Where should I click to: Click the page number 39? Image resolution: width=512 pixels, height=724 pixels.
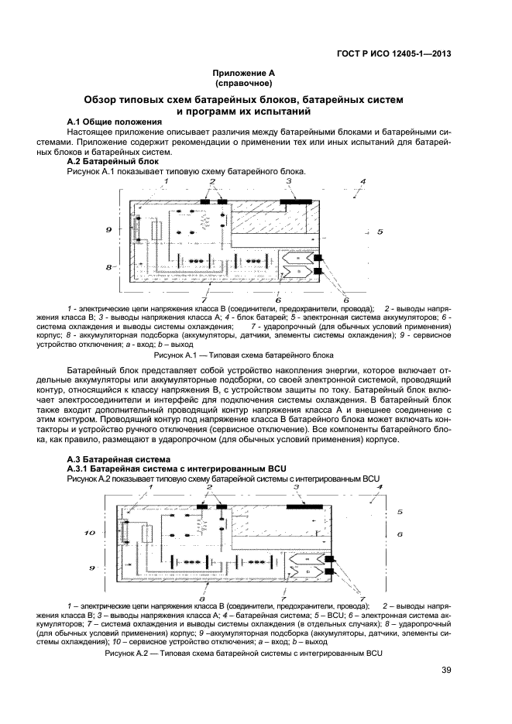[x=446, y=671]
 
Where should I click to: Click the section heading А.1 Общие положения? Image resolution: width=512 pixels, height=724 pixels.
[x=115, y=122]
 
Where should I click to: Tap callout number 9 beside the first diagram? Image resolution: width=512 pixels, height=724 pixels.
[x=110, y=229]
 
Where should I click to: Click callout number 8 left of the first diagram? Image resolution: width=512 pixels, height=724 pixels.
[x=110, y=266]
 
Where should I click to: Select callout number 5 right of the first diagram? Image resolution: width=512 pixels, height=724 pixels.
[x=380, y=232]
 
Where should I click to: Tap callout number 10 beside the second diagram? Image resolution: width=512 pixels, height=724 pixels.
[x=89, y=533]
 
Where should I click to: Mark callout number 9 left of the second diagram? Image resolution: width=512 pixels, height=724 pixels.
[x=91, y=568]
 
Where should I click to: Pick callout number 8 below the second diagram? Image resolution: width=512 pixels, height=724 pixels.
[x=202, y=599]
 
